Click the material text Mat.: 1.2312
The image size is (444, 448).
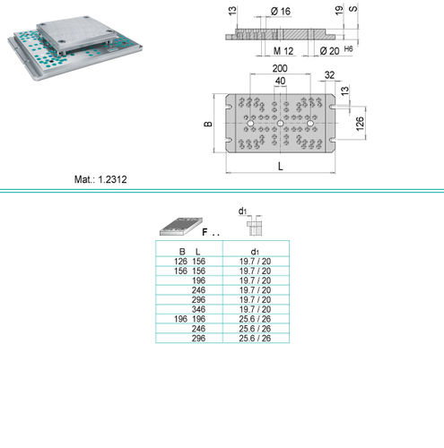pos(100,179)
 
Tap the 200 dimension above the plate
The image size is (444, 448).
pos(280,68)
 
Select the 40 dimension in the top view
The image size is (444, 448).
pos(280,81)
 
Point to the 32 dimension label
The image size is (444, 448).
pos(329,75)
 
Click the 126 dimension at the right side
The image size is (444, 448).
pos(360,124)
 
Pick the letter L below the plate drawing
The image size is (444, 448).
pos(281,167)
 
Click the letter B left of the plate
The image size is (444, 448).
pos(208,124)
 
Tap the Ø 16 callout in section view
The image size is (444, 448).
pos(281,12)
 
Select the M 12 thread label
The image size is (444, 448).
pos(283,51)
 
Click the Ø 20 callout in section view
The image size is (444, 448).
pos(329,51)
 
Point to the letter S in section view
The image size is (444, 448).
pos(353,8)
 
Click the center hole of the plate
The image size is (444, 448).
pos(280,124)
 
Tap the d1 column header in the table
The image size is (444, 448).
pos(255,252)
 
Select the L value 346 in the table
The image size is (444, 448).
pos(198,309)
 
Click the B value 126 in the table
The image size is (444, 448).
pos(180,262)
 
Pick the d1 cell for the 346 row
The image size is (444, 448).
pos(255,309)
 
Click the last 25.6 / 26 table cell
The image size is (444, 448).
pos(255,338)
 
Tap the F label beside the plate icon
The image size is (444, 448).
pos(205,232)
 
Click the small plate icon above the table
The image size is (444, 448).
pos(181,226)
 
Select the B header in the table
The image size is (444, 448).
pos(182,252)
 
